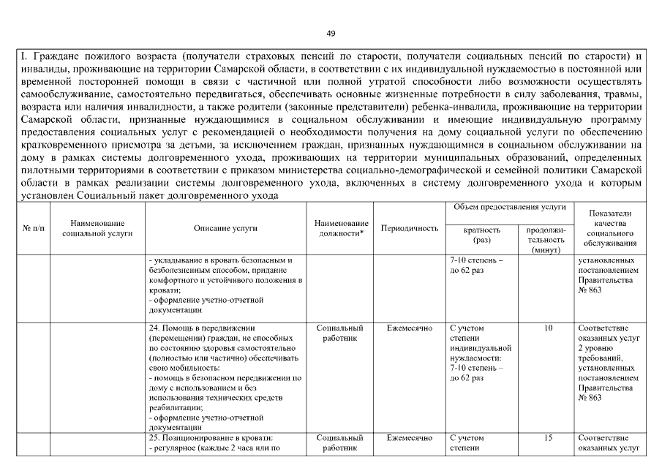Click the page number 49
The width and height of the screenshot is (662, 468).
click(x=331, y=34)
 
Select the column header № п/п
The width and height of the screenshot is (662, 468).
click(x=33, y=228)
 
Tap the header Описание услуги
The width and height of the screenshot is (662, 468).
click(x=225, y=228)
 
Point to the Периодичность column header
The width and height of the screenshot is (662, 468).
click(x=410, y=228)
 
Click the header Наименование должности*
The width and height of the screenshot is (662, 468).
click(x=341, y=228)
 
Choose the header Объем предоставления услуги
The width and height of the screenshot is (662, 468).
click(x=510, y=208)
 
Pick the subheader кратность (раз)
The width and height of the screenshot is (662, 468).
click(x=482, y=235)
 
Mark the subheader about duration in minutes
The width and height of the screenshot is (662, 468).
click(x=546, y=240)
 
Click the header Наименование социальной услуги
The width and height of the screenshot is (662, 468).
click(x=97, y=228)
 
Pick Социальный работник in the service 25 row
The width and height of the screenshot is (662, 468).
click(x=341, y=443)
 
